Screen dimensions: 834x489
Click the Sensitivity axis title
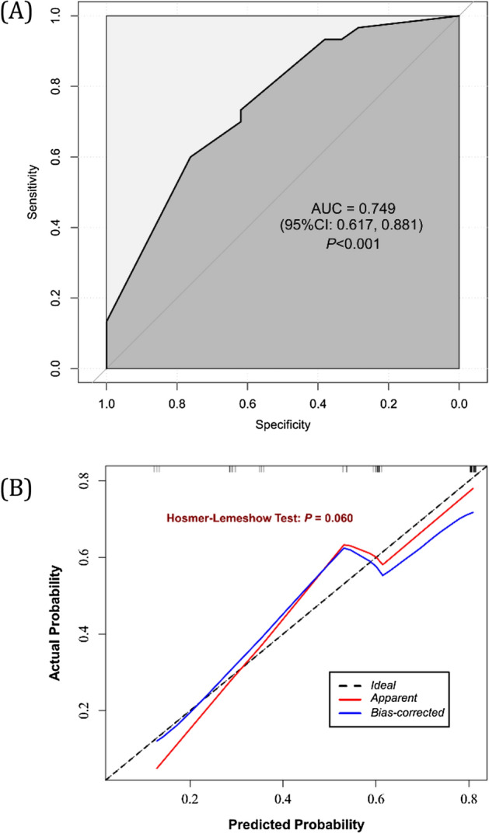(x=33, y=191)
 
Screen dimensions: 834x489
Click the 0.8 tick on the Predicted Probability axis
(x=470, y=798)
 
